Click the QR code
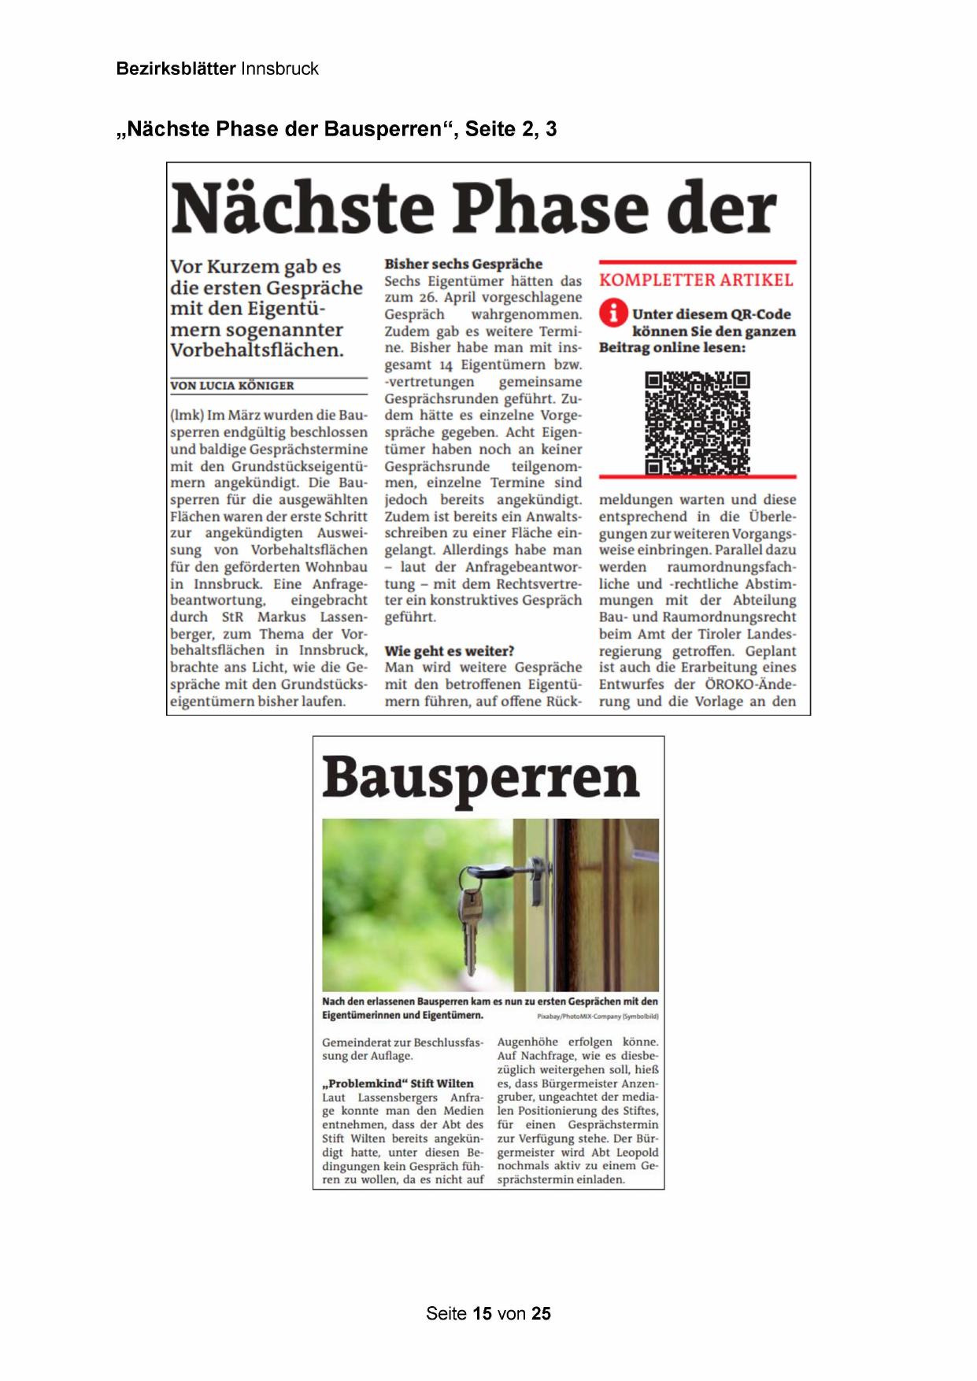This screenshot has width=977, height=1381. coord(697,424)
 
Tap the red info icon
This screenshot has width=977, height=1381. coord(612,313)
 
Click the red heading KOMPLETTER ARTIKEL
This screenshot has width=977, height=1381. coord(696,280)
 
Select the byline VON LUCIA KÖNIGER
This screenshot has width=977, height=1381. coord(232,386)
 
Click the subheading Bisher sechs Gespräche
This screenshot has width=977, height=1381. coord(463,264)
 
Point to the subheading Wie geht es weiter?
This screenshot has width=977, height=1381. coord(449,651)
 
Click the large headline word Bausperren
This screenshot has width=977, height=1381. coord(480,777)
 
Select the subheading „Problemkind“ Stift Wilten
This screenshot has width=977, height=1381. coord(398,1083)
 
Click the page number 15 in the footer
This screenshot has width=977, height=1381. coord(483,1313)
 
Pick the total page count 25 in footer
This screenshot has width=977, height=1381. coord(541,1313)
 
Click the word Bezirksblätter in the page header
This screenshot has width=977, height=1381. coord(176,68)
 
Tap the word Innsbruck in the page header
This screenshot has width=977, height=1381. coord(279,68)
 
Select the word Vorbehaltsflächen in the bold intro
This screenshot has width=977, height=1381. coord(257,350)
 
